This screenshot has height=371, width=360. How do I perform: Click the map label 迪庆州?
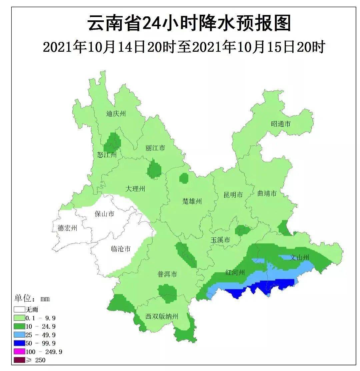(116, 114)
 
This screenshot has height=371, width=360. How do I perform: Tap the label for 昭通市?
(281, 124)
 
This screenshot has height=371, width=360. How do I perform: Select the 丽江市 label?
(155, 148)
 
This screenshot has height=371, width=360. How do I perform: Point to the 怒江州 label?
(107, 155)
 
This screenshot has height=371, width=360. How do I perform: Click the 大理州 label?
(135, 189)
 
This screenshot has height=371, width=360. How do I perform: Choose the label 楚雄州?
(192, 201)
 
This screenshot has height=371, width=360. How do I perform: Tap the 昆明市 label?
(233, 195)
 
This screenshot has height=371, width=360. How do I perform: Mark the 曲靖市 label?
(267, 194)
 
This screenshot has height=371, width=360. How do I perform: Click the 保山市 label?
(105, 214)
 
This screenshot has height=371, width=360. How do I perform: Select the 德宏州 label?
(67, 228)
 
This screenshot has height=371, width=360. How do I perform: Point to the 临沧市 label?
(120, 249)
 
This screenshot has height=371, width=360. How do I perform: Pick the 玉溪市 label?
(220, 240)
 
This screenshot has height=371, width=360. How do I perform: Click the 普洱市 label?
(167, 275)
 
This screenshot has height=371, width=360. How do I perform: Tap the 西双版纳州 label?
(162, 317)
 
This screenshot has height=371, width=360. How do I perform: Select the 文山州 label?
(299, 258)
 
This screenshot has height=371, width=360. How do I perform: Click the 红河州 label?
(235, 273)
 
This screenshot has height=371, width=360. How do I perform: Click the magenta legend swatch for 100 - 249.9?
(20, 352)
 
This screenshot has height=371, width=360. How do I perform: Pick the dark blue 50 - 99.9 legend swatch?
(20, 343)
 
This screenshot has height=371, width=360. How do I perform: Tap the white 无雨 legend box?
(20, 310)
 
